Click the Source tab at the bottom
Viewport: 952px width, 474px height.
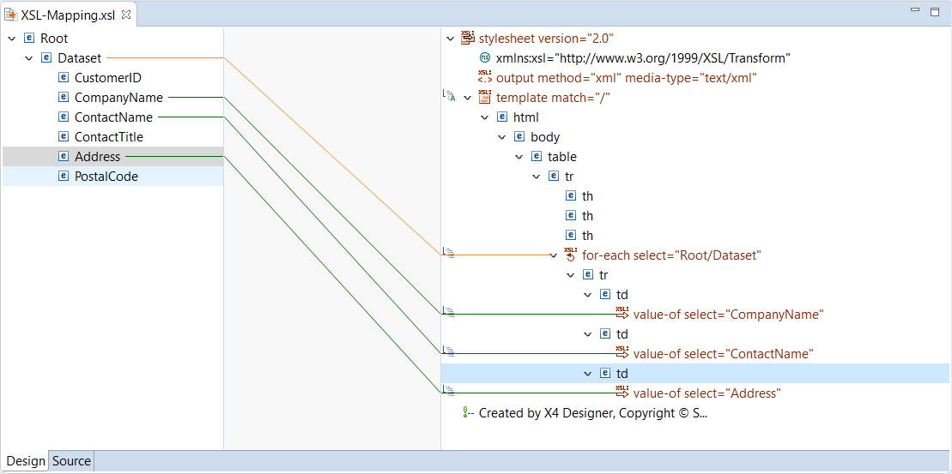pos(71,461)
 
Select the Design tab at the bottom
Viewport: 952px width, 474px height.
pos(26,461)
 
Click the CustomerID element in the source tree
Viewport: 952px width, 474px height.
pos(107,78)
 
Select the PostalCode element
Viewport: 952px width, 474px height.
pos(106,177)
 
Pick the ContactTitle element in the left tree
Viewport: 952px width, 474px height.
pos(108,137)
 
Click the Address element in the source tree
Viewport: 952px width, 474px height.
pos(97,157)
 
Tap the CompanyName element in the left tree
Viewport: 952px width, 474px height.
pos(118,98)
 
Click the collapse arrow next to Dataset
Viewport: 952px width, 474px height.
pos(29,58)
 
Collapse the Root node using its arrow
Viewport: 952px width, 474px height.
pos(12,39)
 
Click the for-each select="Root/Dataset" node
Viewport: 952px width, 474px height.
pos(671,255)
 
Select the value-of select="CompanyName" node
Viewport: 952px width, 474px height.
pos(728,315)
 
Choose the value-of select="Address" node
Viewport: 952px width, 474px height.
pos(706,393)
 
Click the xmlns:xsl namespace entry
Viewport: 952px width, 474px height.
pos(642,58)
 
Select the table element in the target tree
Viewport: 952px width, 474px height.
pos(561,157)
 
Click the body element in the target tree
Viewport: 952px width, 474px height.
pos(544,137)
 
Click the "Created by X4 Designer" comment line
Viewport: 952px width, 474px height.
pos(592,413)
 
